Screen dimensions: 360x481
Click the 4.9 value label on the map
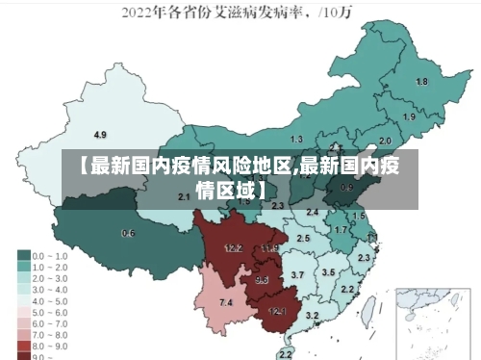click(x=100, y=134)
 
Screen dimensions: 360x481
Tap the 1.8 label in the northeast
click(x=421, y=82)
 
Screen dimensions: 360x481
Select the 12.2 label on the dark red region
click(x=233, y=248)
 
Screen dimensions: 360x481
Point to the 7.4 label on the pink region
click(x=226, y=303)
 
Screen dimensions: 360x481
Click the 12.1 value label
click(x=277, y=311)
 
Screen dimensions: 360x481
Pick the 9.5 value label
click(x=262, y=280)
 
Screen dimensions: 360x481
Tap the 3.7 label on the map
click(x=297, y=275)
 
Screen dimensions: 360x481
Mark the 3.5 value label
click(x=328, y=272)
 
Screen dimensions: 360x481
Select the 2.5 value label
click(x=303, y=238)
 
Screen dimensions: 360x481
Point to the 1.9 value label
click(x=409, y=117)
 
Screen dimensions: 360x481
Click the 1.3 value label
click(x=296, y=140)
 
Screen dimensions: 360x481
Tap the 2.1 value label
click(x=185, y=196)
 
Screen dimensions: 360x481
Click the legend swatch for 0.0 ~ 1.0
click(x=23, y=256)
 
